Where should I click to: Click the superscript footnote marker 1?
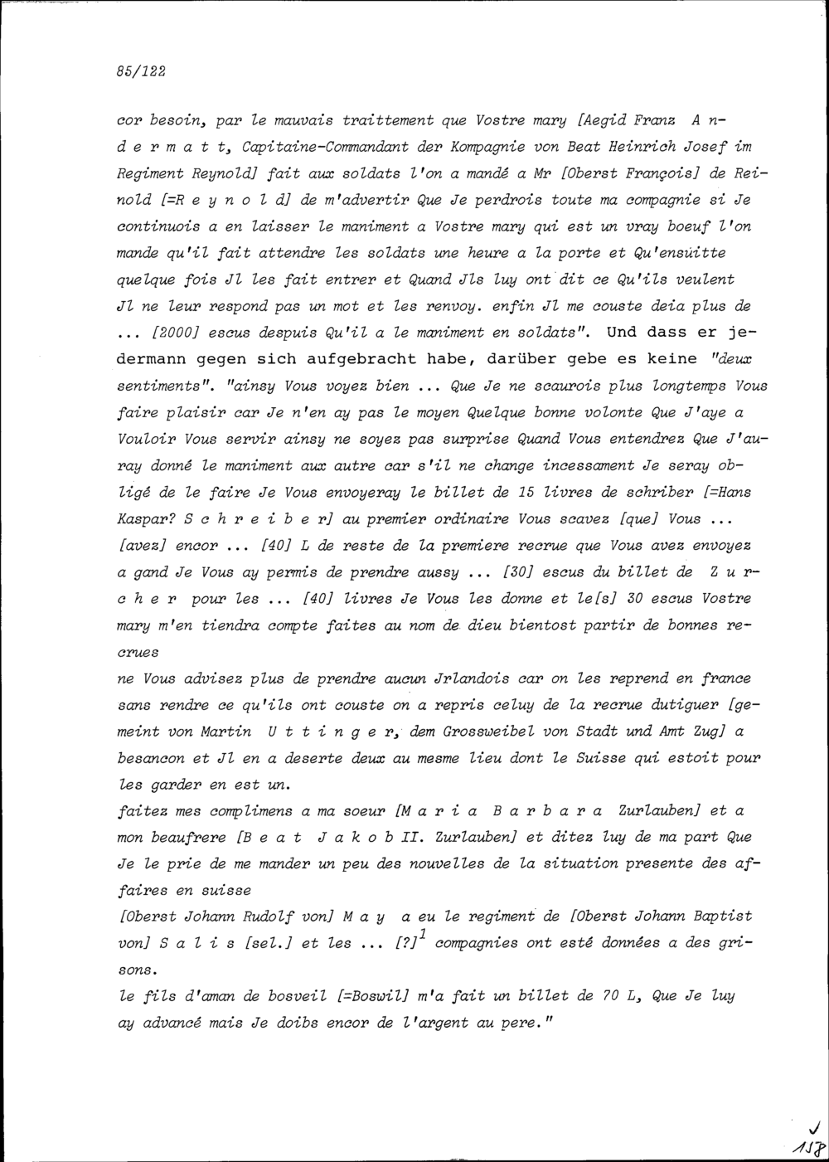pos(423,934)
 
